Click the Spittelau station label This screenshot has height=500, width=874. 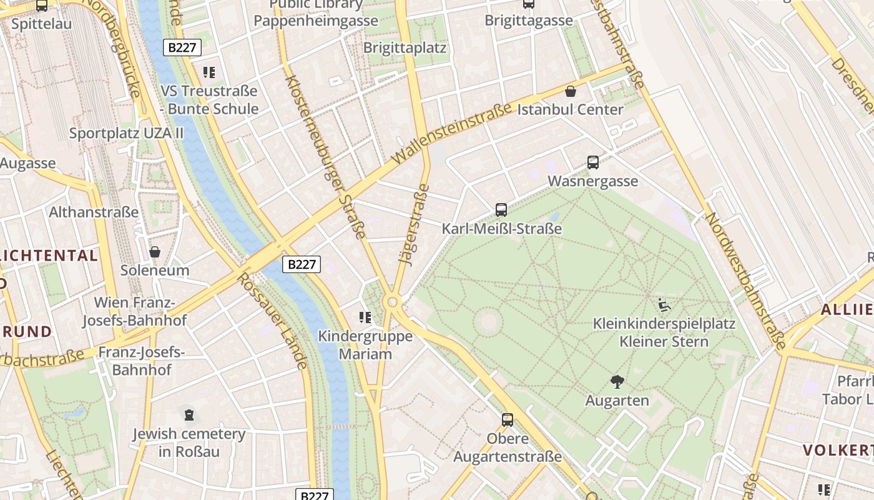click(x=42, y=24)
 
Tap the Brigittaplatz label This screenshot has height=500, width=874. click(x=405, y=47)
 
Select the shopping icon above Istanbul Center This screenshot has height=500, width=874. click(x=571, y=92)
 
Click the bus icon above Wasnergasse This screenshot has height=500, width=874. click(x=593, y=162)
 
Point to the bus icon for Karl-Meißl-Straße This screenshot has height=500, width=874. click(x=501, y=210)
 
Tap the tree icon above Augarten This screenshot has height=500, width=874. click(x=617, y=381)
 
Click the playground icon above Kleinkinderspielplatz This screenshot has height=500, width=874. click(x=664, y=306)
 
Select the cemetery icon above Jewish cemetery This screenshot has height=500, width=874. click(x=189, y=414)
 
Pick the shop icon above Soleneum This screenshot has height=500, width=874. click(x=155, y=252)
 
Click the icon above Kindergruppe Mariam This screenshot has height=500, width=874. click(x=365, y=317)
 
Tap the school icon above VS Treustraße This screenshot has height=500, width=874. click(x=209, y=72)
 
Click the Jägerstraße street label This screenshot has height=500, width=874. click(x=414, y=225)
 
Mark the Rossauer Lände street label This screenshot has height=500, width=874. click(x=273, y=321)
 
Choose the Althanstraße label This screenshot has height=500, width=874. click(x=94, y=212)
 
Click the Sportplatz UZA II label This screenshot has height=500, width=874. click(x=126, y=133)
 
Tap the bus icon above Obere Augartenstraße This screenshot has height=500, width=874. click(x=508, y=419)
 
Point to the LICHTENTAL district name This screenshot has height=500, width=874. click(x=50, y=256)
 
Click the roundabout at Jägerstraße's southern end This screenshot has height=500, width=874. click(x=392, y=302)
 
